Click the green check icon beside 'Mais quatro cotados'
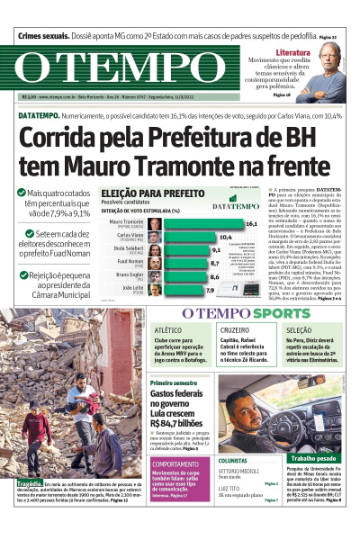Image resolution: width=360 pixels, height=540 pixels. coord(21,193)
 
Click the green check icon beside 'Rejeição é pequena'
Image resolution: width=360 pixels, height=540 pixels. coord(21,276)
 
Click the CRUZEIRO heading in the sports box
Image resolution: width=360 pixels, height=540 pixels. coord(236,331)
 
